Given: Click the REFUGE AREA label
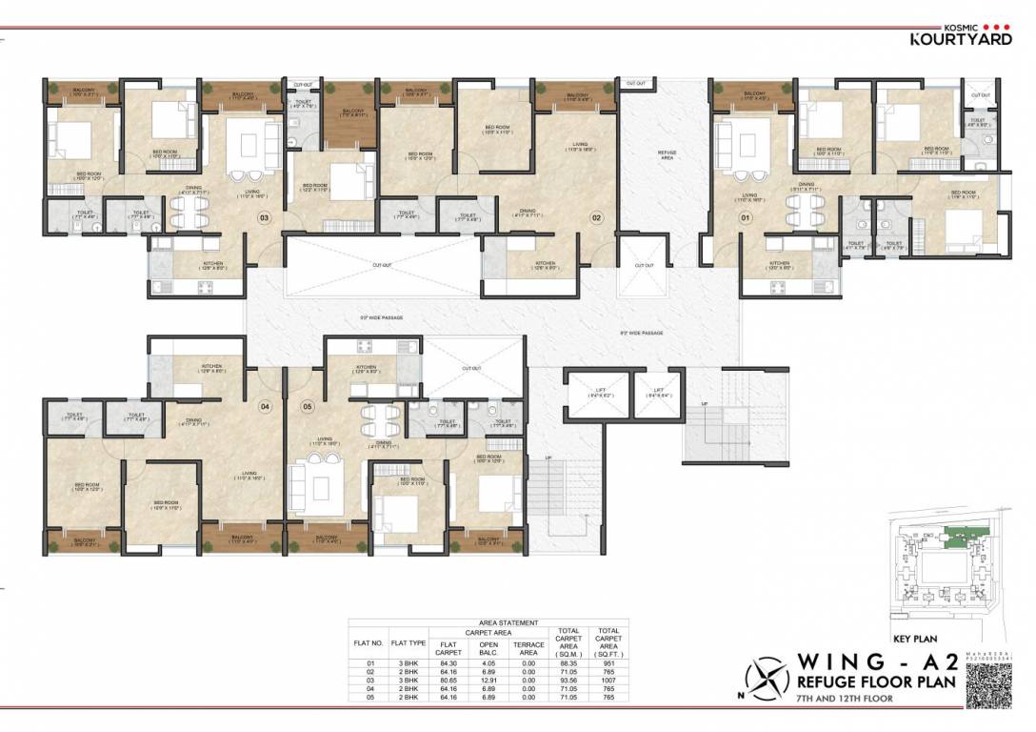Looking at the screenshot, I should pyautogui.click(x=667, y=154).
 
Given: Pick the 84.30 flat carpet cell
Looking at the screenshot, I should pyautogui.click(x=448, y=661).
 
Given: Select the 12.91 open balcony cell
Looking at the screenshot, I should pyautogui.click(x=488, y=681).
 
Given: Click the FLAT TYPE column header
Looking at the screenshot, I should pyautogui.click(x=407, y=644).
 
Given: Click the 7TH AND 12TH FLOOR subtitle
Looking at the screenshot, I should pyautogui.click(x=847, y=700).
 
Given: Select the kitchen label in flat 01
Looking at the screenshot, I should pyautogui.click(x=779, y=264).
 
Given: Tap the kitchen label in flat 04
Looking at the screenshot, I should pyautogui.click(x=211, y=365).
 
